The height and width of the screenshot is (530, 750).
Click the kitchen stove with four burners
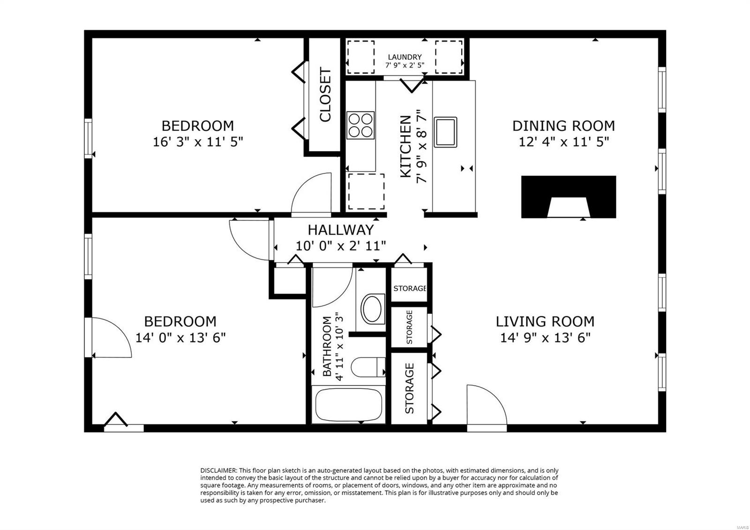pyautogui.click(x=360, y=125)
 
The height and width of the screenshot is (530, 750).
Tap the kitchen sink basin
pyautogui.click(x=445, y=132)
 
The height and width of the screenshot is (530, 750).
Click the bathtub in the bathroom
pyautogui.click(x=349, y=405)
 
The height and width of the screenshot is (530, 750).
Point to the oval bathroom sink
pyautogui.click(x=372, y=309)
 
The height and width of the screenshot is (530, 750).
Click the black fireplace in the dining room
pyautogui.click(x=569, y=197)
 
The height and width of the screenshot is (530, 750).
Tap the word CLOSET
pyautogui.click(x=325, y=94)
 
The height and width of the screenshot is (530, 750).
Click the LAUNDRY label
pyautogui.click(x=405, y=57)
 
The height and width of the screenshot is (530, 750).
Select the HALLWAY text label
pyautogui.click(x=340, y=230)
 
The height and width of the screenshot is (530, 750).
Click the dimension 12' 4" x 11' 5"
pyautogui.click(x=563, y=142)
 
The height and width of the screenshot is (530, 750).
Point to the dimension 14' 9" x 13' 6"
pyautogui.click(x=545, y=337)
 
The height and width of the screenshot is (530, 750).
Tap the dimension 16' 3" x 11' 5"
pyautogui.click(x=197, y=142)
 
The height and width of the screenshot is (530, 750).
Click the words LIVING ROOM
pyautogui.click(x=545, y=322)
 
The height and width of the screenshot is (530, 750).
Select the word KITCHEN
pyautogui.click(x=405, y=146)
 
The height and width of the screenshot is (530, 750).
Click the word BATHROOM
pyautogui.click(x=327, y=347)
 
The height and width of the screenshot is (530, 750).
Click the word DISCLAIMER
pyautogui.click(x=218, y=470)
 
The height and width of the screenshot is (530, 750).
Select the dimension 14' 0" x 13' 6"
pyautogui.click(x=180, y=337)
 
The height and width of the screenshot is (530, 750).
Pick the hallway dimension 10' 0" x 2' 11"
pyautogui.click(x=340, y=246)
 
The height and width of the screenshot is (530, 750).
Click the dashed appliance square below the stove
pyautogui.click(x=366, y=192)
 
